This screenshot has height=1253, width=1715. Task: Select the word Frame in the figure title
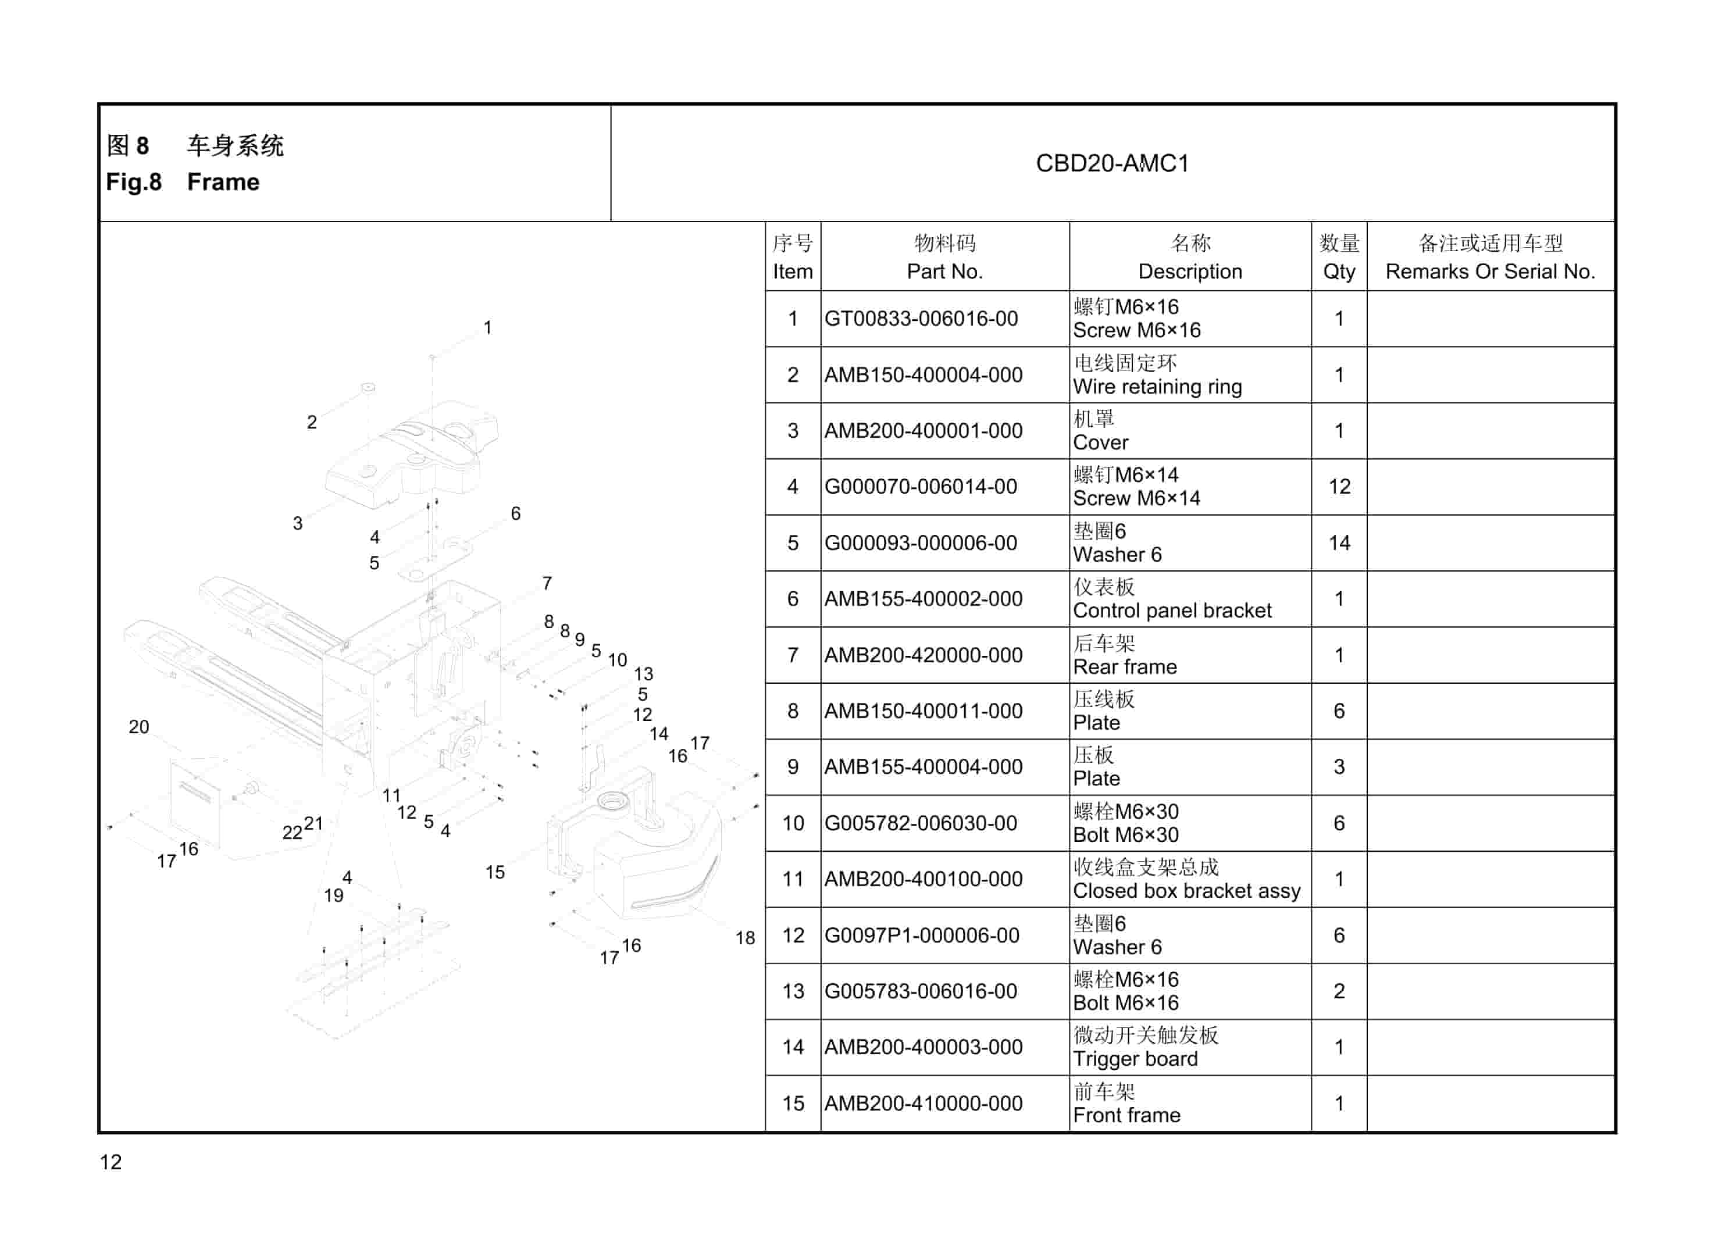click(x=223, y=183)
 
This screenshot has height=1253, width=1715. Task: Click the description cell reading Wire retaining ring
click(x=1157, y=387)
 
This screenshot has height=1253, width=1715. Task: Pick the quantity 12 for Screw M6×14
click(x=1339, y=487)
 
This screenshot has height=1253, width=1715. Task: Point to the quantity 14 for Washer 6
click(x=1339, y=543)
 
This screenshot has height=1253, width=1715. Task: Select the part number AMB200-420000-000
click(x=923, y=655)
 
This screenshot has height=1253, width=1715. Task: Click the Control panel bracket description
click(x=1172, y=611)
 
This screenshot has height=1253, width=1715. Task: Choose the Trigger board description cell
click(x=1136, y=1059)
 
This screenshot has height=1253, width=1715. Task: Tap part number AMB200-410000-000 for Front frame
click(x=923, y=1104)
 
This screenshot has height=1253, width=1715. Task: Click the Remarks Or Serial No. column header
click(x=1490, y=272)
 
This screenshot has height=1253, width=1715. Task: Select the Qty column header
click(x=1339, y=272)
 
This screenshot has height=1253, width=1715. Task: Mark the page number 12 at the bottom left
click(x=110, y=1162)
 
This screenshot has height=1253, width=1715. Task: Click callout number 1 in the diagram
click(x=488, y=328)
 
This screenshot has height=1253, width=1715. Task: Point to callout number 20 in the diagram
click(x=139, y=727)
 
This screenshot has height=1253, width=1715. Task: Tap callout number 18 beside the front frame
click(x=745, y=938)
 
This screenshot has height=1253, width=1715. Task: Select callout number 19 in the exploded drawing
click(x=334, y=896)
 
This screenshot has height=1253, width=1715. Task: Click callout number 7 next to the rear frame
click(x=547, y=583)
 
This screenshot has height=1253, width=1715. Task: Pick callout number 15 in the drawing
click(x=494, y=872)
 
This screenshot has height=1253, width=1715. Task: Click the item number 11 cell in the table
click(x=793, y=880)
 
